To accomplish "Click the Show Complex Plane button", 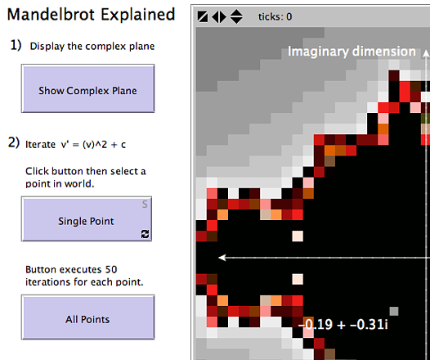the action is (87, 88).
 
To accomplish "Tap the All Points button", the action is (87, 317).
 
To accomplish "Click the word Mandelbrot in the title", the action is (52, 14).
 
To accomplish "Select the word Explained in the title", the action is (138, 15).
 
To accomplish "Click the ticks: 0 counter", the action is (275, 17).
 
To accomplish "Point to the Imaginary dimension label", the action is (352, 52).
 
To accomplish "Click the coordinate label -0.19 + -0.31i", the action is (343, 325).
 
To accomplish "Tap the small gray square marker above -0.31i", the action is (394, 311).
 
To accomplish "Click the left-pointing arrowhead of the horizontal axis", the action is (222, 258).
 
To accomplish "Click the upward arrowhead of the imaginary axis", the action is (426, 53).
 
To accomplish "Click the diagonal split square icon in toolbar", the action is (203, 17).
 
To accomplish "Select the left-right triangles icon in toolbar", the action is (219, 17).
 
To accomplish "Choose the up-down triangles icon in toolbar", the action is (236, 16).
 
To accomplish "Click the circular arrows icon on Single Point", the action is (145, 234).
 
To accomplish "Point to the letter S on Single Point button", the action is (145, 205).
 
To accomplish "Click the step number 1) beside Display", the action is (16, 45).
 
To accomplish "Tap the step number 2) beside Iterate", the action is (14, 143).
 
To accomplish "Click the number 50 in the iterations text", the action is (111, 270).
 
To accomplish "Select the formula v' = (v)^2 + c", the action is (93, 145).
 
